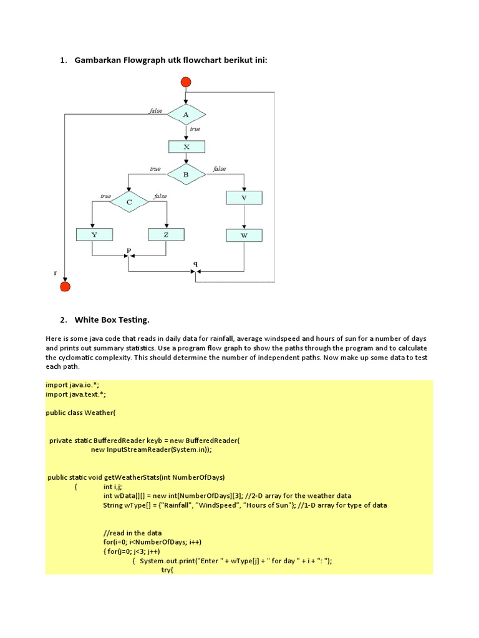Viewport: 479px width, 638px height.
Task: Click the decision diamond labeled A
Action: pos(186,115)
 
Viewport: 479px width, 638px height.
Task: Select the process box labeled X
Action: pos(186,147)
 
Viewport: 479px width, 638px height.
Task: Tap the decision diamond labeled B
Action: pos(186,174)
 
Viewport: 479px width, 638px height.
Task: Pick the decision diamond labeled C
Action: pos(129,202)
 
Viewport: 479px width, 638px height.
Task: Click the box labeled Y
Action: pos(94,235)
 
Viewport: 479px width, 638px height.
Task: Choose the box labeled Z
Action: pos(167,235)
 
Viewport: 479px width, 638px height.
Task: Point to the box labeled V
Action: pos(244,198)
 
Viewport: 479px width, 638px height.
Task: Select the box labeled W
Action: pos(244,236)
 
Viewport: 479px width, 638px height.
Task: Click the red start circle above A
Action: pos(185,82)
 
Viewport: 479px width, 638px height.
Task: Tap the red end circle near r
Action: pos(65,287)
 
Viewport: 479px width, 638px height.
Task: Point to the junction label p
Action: pos(129,250)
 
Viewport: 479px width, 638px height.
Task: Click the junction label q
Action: pos(195,264)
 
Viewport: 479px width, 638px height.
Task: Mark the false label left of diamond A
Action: pos(155,111)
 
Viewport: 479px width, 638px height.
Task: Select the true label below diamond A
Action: pos(195,129)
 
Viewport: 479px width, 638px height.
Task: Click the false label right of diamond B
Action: pos(220,169)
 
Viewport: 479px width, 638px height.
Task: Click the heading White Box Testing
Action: pos(112,320)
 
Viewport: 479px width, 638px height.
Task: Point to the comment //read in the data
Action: pos(132,533)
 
